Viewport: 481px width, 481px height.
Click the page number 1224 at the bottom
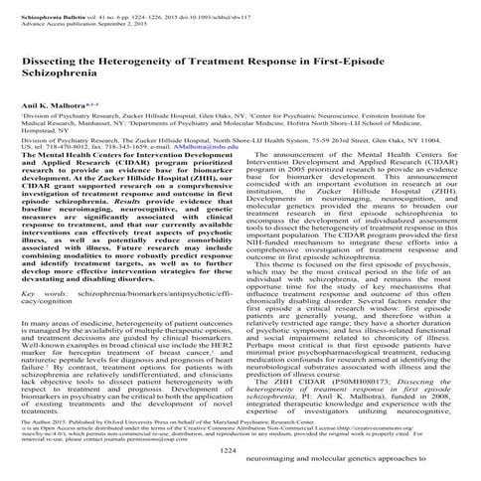240,451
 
